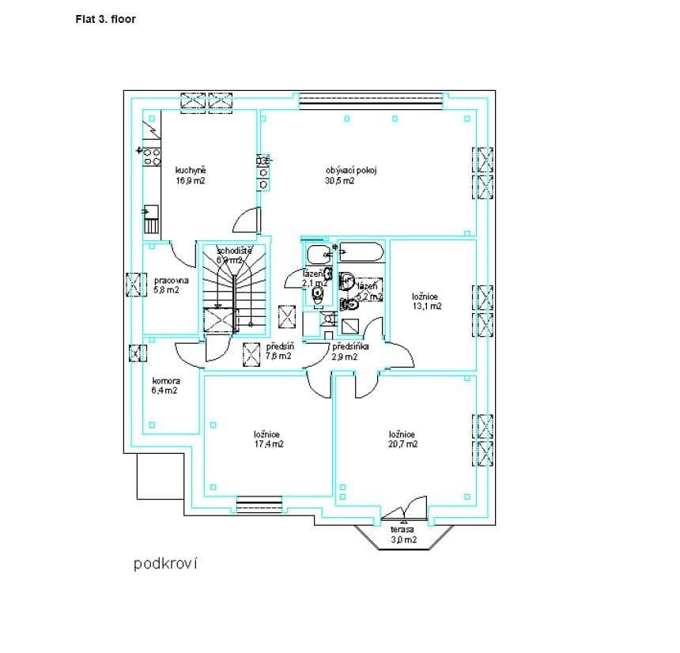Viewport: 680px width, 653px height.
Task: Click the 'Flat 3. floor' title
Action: tap(105, 18)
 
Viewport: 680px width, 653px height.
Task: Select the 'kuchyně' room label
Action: tap(190, 170)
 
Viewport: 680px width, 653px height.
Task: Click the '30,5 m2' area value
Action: tap(339, 180)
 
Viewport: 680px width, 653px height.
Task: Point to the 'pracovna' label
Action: tap(171, 280)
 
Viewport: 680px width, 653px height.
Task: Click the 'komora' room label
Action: tap(165, 380)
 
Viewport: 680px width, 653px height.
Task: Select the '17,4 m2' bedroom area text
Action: tap(268, 444)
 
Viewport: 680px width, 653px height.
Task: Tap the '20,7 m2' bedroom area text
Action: tap(403, 444)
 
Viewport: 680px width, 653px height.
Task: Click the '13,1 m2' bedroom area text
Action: tap(427, 306)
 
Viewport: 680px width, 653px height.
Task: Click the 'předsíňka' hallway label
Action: tap(350, 346)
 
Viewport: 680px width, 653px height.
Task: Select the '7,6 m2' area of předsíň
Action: tap(278, 357)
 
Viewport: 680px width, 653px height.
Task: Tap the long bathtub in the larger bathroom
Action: tap(361, 254)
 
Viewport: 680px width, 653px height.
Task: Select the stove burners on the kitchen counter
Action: tap(151, 156)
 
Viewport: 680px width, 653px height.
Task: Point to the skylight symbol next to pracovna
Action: tap(137, 283)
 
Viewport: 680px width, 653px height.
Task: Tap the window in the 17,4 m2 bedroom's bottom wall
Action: tap(259, 504)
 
